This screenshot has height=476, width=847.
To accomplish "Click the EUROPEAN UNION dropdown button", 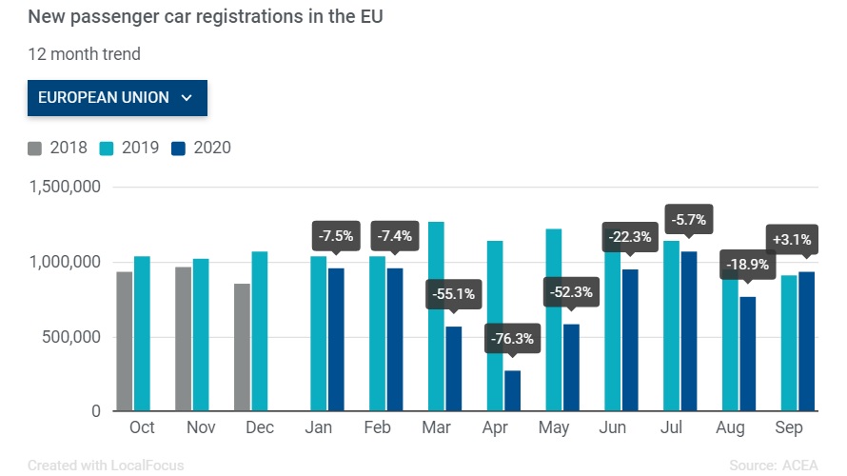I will [117, 97].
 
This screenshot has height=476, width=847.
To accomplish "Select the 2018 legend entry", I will [58, 148].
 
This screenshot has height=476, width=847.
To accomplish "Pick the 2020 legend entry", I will [201, 148].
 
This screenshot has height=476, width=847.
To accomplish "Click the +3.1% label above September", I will [791, 239].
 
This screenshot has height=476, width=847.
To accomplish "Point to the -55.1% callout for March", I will [454, 294].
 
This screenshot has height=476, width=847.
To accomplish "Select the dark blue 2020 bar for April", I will [513, 391].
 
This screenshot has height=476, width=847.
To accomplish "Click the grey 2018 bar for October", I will [125, 342].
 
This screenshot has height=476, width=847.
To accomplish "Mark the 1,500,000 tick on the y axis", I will [66, 188].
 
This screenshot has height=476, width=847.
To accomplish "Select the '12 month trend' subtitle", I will [84, 54].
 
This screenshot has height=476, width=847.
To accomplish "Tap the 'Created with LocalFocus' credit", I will [106, 466].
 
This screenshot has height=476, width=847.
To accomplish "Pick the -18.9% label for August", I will [749, 264].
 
